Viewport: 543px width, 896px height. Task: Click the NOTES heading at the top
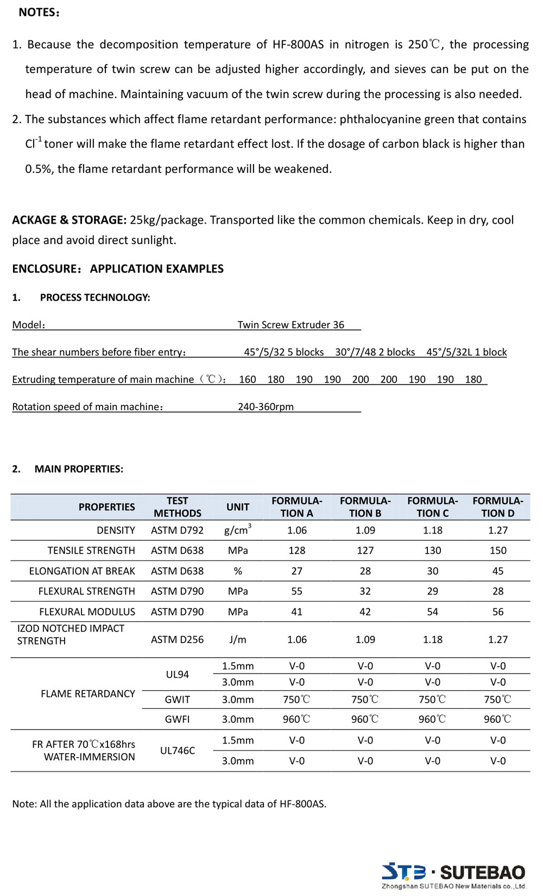coord(39,12)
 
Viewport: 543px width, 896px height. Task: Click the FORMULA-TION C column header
coord(432,507)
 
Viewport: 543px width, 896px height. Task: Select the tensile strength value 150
coord(497,550)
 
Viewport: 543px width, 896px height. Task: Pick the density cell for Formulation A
coord(296,530)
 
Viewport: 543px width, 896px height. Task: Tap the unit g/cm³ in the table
coord(237,530)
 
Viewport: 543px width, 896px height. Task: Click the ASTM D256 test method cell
coord(177,639)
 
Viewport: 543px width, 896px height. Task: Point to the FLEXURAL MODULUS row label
coord(87,612)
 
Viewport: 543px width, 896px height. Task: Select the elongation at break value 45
coord(497,571)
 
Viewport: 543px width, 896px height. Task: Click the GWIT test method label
coord(177,700)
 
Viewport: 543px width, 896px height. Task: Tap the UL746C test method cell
coord(177,751)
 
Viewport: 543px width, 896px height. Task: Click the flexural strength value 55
coord(296,591)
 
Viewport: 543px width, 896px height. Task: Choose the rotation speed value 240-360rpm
coord(266,406)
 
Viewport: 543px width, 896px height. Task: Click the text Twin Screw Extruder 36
coord(291,325)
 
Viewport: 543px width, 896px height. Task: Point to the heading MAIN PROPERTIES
coord(79,469)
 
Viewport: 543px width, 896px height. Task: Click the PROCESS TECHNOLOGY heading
coord(95,297)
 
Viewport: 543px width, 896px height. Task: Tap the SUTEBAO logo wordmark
coord(482,872)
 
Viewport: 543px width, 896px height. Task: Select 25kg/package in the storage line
coord(167,220)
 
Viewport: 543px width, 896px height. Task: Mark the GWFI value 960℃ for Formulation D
coord(497,719)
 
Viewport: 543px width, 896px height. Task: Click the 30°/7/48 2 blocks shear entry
coord(375,352)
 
